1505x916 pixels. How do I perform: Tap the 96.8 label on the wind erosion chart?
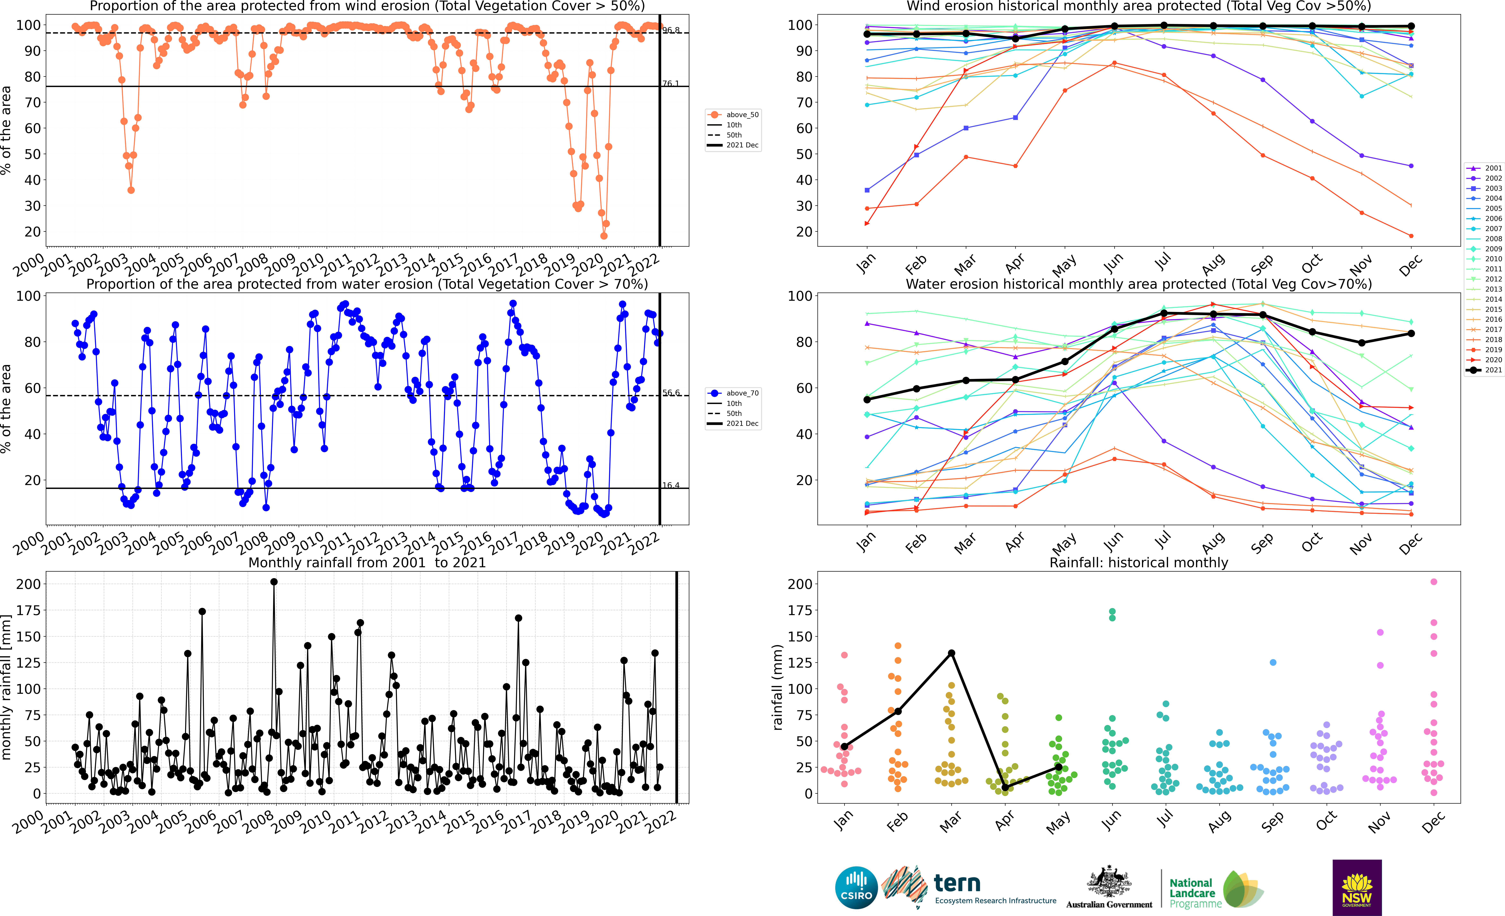(671, 30)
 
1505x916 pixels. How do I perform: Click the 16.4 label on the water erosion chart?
(671, 486)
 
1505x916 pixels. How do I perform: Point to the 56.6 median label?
(671, 393)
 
